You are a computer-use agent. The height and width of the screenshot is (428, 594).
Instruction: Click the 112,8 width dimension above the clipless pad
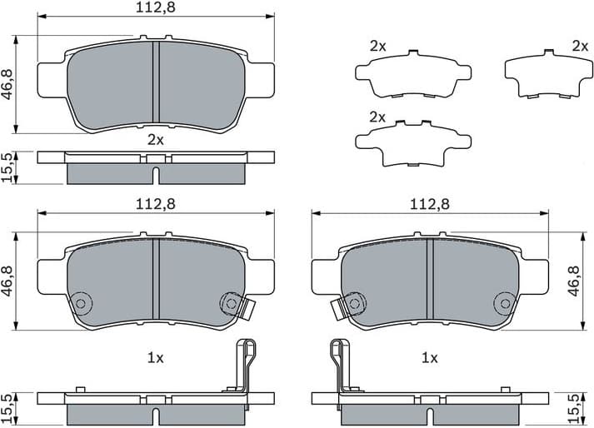(155, 7)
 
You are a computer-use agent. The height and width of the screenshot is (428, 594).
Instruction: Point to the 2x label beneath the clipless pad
(155, 139)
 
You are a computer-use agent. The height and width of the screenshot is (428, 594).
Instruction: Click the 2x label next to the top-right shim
(580, 46)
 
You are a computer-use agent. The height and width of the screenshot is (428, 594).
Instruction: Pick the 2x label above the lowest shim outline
(377, 117)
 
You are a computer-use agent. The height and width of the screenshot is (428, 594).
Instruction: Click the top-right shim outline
(542, 74)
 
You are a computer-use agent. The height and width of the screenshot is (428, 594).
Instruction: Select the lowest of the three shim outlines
(408, 142)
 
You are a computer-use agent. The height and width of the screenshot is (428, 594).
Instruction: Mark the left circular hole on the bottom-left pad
(81, 303)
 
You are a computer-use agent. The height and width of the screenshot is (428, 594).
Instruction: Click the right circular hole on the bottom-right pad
(503, 302)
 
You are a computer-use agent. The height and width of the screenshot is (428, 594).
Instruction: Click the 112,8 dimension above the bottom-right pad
(429, 204)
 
